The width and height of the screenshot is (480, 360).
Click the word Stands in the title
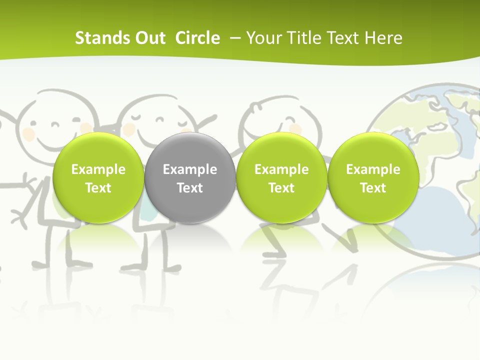[x=95, y=38]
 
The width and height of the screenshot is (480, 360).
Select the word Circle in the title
[x=197, y=38]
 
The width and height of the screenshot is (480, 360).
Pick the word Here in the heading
[x=383, y=38]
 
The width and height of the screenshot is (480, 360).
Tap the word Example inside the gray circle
[x=190, y=169]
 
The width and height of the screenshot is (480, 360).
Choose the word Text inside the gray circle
[x=190, y=188]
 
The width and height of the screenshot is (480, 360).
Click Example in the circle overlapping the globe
[x=373, y=169]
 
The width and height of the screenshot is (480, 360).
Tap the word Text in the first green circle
[x=98, y=188]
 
